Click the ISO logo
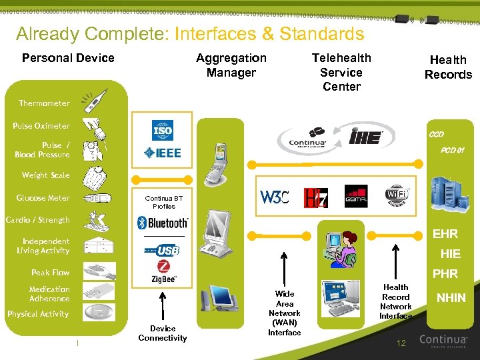162,130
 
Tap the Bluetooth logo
163,223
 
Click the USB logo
163,250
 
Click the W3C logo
274,197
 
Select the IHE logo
366,137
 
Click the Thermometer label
44,103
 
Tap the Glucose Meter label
43,198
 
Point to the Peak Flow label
50,273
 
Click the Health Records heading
448,67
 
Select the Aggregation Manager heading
231,65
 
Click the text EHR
445,235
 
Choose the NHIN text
451,298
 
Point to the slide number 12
401,343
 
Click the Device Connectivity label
163,333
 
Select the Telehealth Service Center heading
341,72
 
